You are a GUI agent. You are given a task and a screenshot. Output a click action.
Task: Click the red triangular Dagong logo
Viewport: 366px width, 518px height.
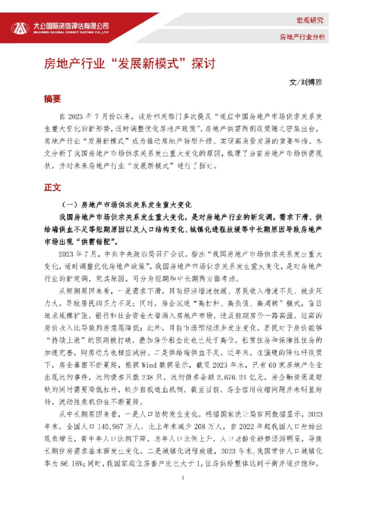point(21,28)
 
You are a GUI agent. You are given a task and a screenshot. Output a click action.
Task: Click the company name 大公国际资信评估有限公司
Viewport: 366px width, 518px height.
point(70,26)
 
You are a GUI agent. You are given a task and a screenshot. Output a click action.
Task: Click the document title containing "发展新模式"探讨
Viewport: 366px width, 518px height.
point(129,65)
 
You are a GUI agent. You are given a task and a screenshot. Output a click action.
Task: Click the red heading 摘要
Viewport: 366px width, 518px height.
point(52,98)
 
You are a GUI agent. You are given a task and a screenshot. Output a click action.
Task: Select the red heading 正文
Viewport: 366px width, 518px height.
point(52,187)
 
